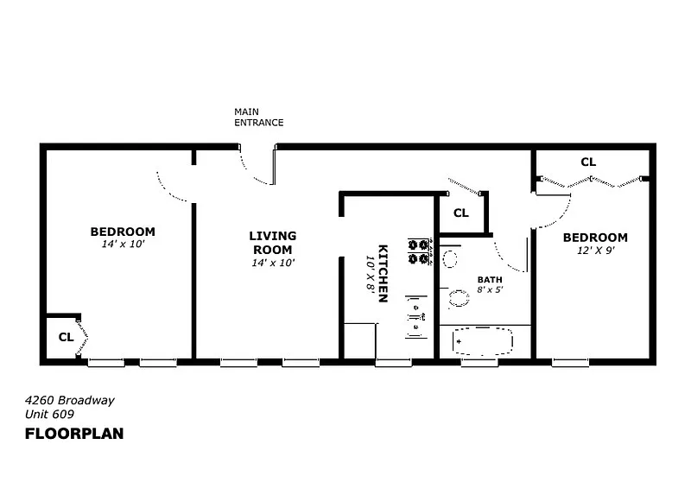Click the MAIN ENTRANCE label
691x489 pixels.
258,117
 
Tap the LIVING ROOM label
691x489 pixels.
273,243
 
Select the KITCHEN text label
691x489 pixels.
383,273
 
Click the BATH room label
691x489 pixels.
490,280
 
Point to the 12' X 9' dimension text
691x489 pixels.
596,251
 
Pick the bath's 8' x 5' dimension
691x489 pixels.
490,289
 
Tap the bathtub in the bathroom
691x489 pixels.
483,341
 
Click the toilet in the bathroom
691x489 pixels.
459,299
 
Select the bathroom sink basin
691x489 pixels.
449,259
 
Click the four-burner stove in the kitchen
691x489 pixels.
419,251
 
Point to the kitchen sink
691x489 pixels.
415,316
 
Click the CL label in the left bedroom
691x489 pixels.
67,337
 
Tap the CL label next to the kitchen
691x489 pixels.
461,213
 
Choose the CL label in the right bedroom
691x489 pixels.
588,162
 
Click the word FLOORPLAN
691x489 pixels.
74,434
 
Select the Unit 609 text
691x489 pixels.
49,414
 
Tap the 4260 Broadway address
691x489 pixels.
70,400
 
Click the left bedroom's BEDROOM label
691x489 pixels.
123,232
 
